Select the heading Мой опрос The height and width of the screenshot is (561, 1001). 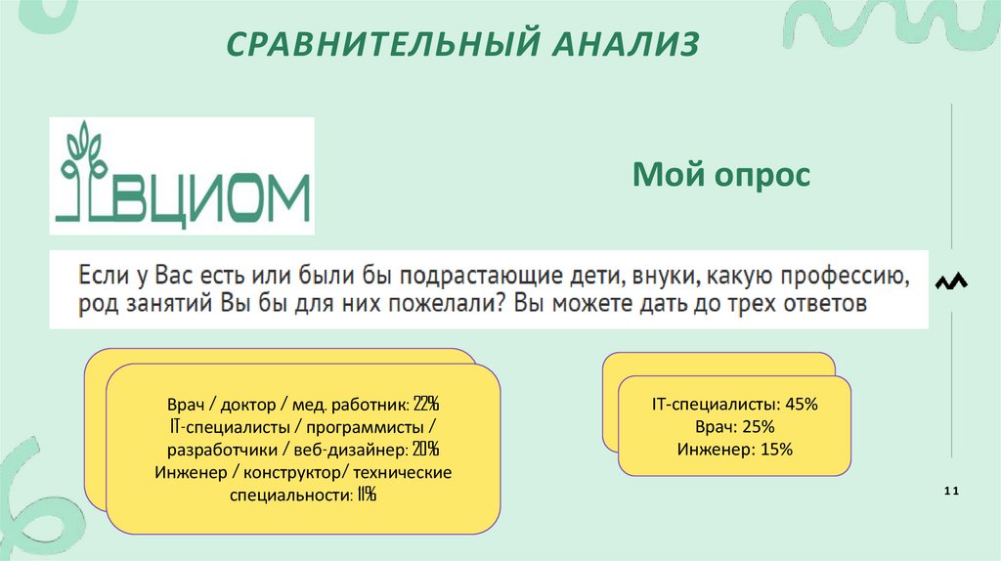pyautogui.click(x=721, y=177)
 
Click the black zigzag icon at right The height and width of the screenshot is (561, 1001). pyautogui.click(x=951, y=282)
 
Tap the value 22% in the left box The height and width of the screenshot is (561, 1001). pyautogui.click(x=426, y=404)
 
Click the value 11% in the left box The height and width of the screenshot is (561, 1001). pyautogui.click(x=366, y=496)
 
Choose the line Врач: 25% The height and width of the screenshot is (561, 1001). pyautogui.click(x=734, y=427)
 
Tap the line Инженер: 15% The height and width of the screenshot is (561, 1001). pyautogui.click(x=734, y=450)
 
